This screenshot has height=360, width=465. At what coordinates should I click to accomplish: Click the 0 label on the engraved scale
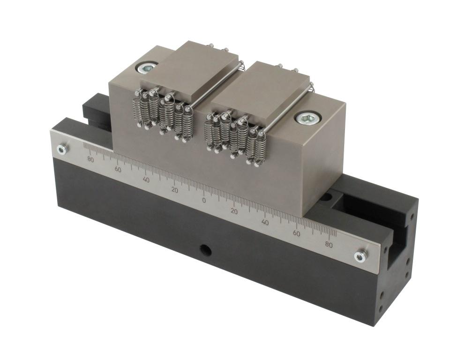tap(204, 201)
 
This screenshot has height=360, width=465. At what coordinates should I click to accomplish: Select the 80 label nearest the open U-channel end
tap(329, 245)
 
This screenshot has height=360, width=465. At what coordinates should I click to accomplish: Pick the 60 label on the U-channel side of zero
tap(296, 233)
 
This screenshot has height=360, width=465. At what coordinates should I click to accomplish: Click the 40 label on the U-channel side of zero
tap(265, 222)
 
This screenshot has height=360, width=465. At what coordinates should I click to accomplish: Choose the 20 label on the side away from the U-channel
tap(175, 190)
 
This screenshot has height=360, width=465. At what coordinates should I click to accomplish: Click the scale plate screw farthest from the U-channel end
tap(62, 149)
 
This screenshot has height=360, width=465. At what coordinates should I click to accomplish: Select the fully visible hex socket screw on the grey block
tap(307, 119)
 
